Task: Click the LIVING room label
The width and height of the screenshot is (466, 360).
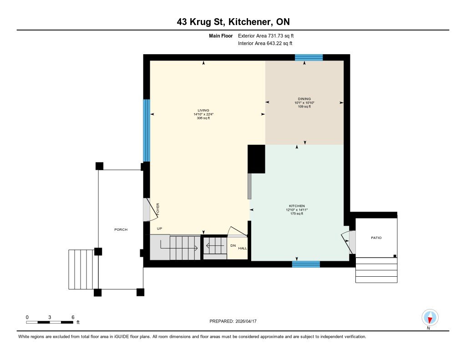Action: point(203,110)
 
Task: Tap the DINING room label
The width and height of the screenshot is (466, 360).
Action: point(304,99)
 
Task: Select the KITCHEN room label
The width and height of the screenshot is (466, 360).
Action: point(297,206)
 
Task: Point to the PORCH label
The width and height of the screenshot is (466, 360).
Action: point(121,229)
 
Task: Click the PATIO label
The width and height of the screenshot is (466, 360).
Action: point(376,238)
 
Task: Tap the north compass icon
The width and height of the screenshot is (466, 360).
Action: point(430,318)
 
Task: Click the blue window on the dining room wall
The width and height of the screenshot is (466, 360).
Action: point(309,57)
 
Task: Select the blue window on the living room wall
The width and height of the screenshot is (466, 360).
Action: point(146,131)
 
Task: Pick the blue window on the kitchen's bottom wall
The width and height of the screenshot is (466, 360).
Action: point(306,264)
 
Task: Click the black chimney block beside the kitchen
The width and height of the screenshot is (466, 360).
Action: point(257,159)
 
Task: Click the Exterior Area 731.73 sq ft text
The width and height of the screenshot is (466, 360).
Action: point(266,35)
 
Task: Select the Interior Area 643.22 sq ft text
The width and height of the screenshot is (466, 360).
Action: point(265,43)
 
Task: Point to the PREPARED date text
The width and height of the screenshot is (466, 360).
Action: point(233,321)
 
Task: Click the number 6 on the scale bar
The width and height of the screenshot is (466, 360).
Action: point(73,317)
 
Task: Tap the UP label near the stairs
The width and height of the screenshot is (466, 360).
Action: point(160,228)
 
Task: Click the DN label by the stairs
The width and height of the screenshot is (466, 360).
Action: point(233,246)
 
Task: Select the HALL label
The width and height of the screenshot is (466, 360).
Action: point(243,248)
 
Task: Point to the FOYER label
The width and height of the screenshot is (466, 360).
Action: point(158,209)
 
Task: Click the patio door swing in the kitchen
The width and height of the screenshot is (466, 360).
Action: point(346,241)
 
